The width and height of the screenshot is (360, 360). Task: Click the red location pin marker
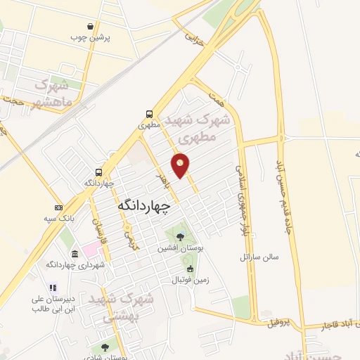click(x=181, y=165)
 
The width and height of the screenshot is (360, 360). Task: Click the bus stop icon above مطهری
click(x=149, y=113)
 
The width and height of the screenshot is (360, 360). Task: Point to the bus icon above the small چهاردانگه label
click(x=98, y=172)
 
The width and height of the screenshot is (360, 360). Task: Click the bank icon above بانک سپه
click(x=58, y=208)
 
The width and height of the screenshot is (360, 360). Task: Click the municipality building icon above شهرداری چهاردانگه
click(x=75, y=253)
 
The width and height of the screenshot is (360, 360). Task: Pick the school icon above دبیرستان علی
click(x=52, y=288)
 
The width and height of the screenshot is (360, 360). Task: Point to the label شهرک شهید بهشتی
click(x=126, y=306)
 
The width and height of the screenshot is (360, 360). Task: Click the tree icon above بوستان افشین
click(x=181, y=237)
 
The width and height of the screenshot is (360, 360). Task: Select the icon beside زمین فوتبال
click(x=189, y=269)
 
